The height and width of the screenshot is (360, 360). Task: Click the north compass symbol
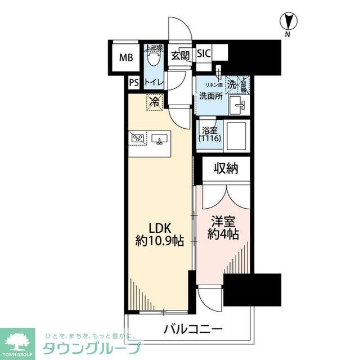tap(287, 23)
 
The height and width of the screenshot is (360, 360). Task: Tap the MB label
tap(125, 57)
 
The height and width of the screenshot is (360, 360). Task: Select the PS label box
tap(133, 83)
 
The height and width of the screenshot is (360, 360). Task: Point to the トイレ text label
tap(154, 83)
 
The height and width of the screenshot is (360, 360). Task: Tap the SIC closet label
tap(204, 54)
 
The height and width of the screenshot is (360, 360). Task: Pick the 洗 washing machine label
tap(232, 84)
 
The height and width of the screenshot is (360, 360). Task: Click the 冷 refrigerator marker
tap(154, 102)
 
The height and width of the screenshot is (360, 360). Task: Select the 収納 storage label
tap(226, 168)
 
